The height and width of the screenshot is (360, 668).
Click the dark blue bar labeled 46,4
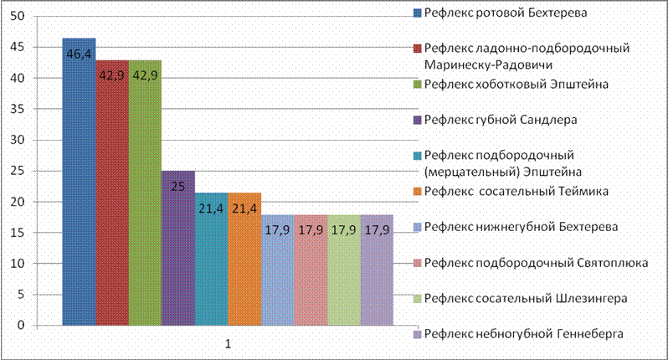tap(80, 182)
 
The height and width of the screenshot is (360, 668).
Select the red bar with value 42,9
tap(112, 193)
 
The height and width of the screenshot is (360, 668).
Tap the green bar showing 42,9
tap(146, 193)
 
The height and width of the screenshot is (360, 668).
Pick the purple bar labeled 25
tap(178, 249)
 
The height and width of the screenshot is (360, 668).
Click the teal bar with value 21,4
tap(211, 260)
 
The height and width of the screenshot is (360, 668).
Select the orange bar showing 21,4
tap(244, 260)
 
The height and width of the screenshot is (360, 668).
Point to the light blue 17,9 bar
tap(278, 270)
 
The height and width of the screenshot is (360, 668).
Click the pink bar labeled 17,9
tap(311, 270)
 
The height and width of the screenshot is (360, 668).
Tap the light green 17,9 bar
tap(344, 270)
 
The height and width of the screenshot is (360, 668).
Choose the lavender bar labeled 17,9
tap(377, 270)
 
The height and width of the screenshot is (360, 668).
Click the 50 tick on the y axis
tap(18, 16)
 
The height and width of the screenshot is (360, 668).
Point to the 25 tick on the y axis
tap(18, 171)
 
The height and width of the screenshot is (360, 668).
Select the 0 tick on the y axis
tap(21, 326)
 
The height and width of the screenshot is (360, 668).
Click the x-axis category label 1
tap(228, 344)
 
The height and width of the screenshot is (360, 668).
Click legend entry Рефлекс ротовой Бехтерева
tap(501, 13)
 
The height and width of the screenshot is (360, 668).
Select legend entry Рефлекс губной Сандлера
tap(496, 121)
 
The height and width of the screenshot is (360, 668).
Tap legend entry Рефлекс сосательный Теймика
tap(511, 192)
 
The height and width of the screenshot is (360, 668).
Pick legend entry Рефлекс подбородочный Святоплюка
tap(532, 263)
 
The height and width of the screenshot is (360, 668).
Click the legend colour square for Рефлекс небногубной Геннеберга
tap(418, 334)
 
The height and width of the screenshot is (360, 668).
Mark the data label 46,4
tap(80, 54)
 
